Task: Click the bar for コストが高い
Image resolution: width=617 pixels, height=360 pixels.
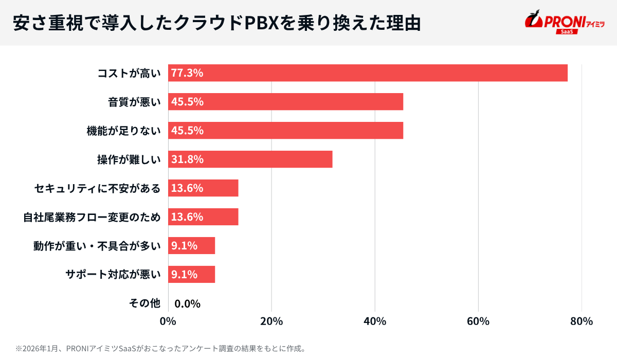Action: coord(368,73)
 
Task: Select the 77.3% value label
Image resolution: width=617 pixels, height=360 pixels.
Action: coord(187,73)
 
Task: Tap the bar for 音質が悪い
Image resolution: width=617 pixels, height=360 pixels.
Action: coord(286,102)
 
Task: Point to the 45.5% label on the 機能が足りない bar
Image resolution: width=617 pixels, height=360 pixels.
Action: coord(187,131)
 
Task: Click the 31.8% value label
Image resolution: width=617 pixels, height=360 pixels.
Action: coord(187,159)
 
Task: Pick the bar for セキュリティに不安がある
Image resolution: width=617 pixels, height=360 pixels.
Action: coord(204,188)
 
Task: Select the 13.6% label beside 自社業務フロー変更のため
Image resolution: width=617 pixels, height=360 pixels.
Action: coord(187,217)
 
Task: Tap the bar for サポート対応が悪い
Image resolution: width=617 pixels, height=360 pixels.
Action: coord(192,275)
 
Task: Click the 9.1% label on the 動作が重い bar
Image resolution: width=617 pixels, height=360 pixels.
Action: coord(184,246)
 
